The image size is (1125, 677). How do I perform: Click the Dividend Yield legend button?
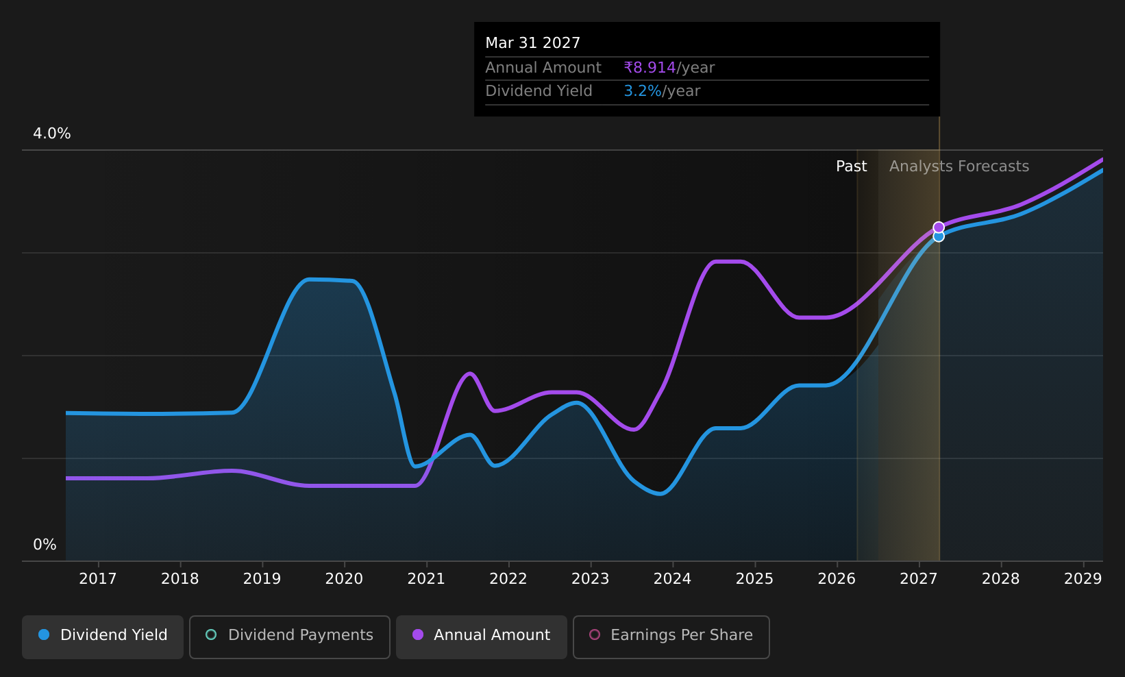click(103, 637)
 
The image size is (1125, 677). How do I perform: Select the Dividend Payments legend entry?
click(290, 637)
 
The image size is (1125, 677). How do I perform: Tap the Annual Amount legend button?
click(481, 637)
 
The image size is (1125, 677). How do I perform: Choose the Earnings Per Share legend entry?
click(671, 637)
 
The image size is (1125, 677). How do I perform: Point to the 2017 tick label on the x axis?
click(98, 579)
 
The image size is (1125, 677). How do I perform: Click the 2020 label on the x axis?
click(344, 579)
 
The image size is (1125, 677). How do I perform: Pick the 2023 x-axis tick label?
click(590, 579)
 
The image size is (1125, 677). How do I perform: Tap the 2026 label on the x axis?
click(837, 579)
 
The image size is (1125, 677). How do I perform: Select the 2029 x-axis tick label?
click(1083, 579)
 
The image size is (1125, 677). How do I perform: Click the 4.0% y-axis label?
click(52, 134)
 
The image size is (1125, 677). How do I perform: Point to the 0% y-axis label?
click(45, 545)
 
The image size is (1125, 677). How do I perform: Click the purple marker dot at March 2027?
click(939, 227)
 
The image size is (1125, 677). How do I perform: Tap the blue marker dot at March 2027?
click(939, 236)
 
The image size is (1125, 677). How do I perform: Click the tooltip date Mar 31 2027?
click(533, 43)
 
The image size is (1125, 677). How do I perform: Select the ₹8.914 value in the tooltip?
click(650, 67)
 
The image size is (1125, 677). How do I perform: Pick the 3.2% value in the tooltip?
click(643, 91)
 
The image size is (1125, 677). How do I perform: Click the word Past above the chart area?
click(851, 167)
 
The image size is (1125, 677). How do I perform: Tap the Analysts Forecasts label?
click(959, 167)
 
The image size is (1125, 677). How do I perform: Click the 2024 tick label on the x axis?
click(673, 579)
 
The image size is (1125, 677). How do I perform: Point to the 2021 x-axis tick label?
click(426, 579)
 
